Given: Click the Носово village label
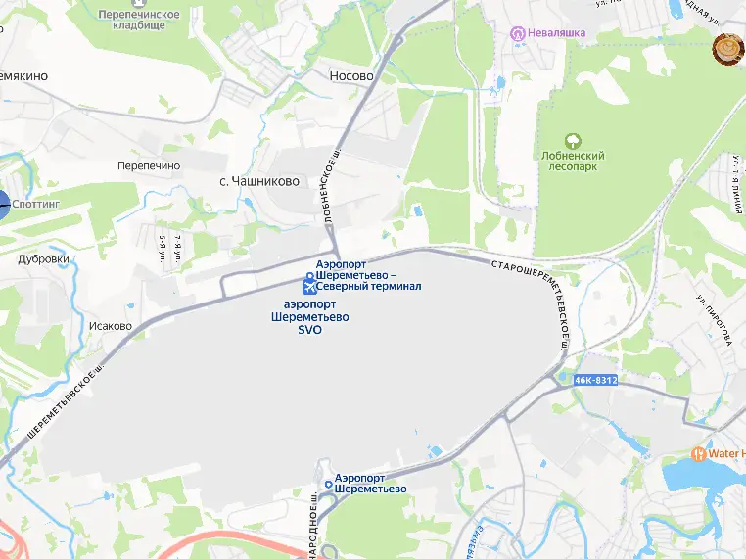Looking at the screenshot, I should [x=351, y=75].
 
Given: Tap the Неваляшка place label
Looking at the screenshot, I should [x=556, y=32].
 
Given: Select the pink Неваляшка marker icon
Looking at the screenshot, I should [x=520, y=33].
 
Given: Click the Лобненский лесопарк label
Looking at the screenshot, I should [x=573, y=162].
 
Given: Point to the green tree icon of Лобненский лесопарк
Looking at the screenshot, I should [x=573, y=141].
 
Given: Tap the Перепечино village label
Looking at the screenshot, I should [x=149, y=166].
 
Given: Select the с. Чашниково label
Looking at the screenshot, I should [x=258, y=181].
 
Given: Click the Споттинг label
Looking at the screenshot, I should [x=36, y=205].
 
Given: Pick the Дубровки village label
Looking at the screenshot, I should [x=43, y=259].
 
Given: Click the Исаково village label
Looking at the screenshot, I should [x=110, y=326].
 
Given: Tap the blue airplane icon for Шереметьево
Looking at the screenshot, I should [x=309, y=287].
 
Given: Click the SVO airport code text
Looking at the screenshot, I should [x=309, y=330].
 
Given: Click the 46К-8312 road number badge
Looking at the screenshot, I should [x=596, y=380].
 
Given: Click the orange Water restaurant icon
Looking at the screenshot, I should [x=698, y=454].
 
